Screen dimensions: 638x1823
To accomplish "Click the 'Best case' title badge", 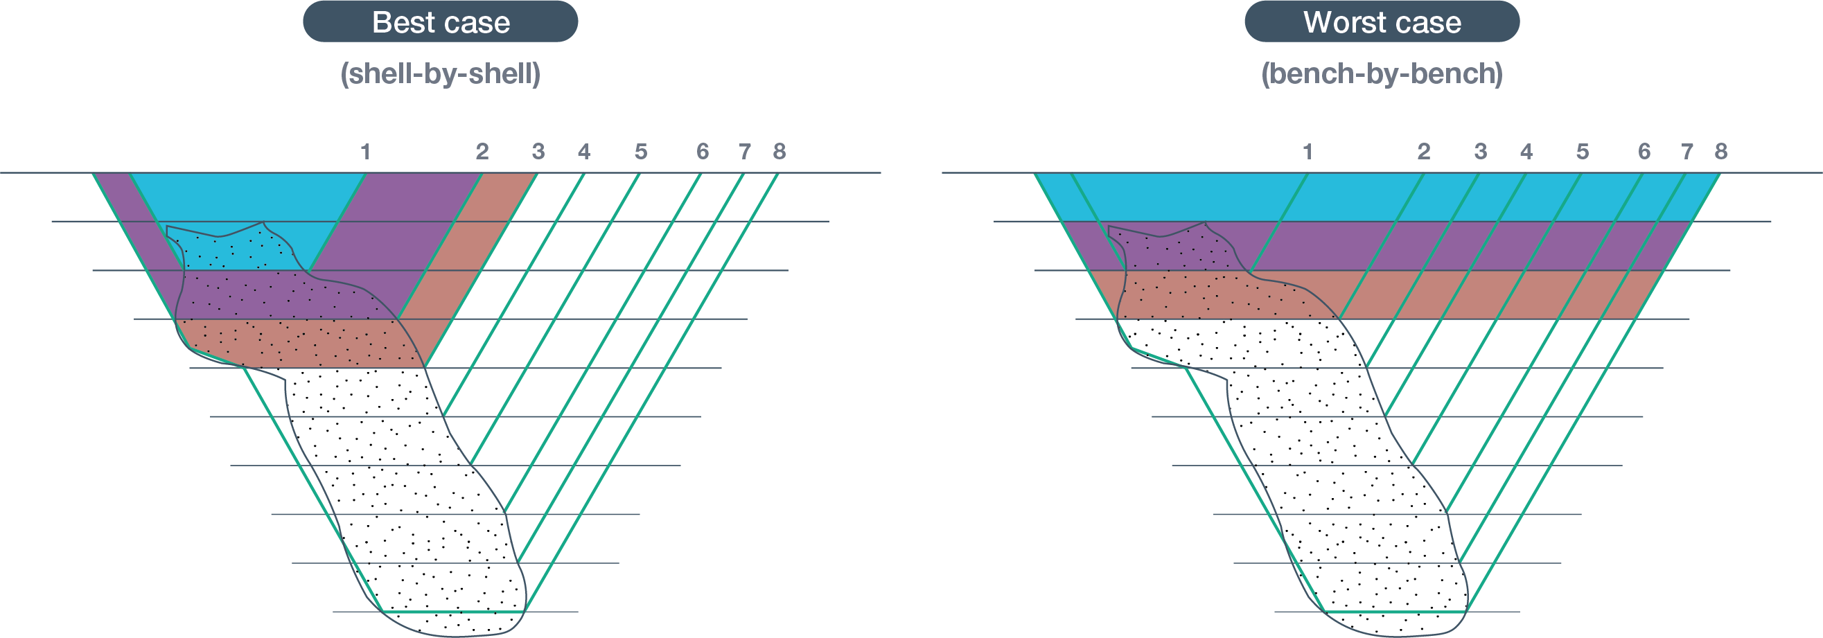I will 440,22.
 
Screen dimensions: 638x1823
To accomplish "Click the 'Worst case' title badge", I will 1382,22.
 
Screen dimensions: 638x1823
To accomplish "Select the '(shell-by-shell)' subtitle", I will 440,74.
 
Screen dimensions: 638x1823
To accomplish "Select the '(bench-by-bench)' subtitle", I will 1382,74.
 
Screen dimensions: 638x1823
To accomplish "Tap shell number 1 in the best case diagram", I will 365,152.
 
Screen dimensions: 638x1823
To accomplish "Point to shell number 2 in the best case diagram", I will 482,152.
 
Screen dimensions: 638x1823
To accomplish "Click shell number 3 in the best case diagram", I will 538,152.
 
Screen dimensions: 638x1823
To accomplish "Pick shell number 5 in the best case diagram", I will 640,152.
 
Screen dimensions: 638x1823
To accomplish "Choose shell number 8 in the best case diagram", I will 780,152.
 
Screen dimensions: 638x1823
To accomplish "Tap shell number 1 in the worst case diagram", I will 1307,152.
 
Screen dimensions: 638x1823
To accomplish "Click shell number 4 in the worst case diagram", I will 1526,152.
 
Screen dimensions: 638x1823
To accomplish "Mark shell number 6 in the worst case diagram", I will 1644,152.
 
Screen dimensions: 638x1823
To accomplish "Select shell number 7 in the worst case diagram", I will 1687,152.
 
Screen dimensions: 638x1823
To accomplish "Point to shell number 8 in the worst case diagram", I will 1721,152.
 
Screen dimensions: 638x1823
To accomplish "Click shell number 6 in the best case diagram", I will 702,152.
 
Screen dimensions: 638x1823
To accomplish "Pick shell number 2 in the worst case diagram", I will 1424,152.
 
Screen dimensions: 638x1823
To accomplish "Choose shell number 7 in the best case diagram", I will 744,152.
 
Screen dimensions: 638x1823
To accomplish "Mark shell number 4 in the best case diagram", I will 584,152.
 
